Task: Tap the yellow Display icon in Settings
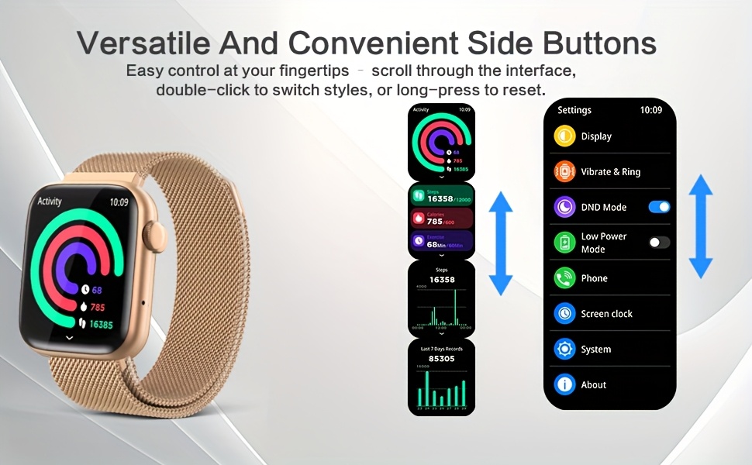click(564, 136)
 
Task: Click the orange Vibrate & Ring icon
click(564, 172)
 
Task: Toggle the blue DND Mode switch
click(659, 207)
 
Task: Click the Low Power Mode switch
click(659, 243)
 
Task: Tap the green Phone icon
click(564, 278)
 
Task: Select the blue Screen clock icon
click(564, 314)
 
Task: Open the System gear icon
click(564, 350)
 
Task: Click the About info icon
click(564, 384)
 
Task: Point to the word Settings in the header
click(574, 110)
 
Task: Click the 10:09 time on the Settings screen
click(651, 110)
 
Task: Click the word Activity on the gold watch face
click(50, 201)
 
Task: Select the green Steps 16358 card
click(441, 195)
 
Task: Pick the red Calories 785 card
click(441, 219)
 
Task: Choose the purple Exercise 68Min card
click(441, 242)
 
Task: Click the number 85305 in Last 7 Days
click(442, 359)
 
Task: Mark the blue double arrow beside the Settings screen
click(701, 226)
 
